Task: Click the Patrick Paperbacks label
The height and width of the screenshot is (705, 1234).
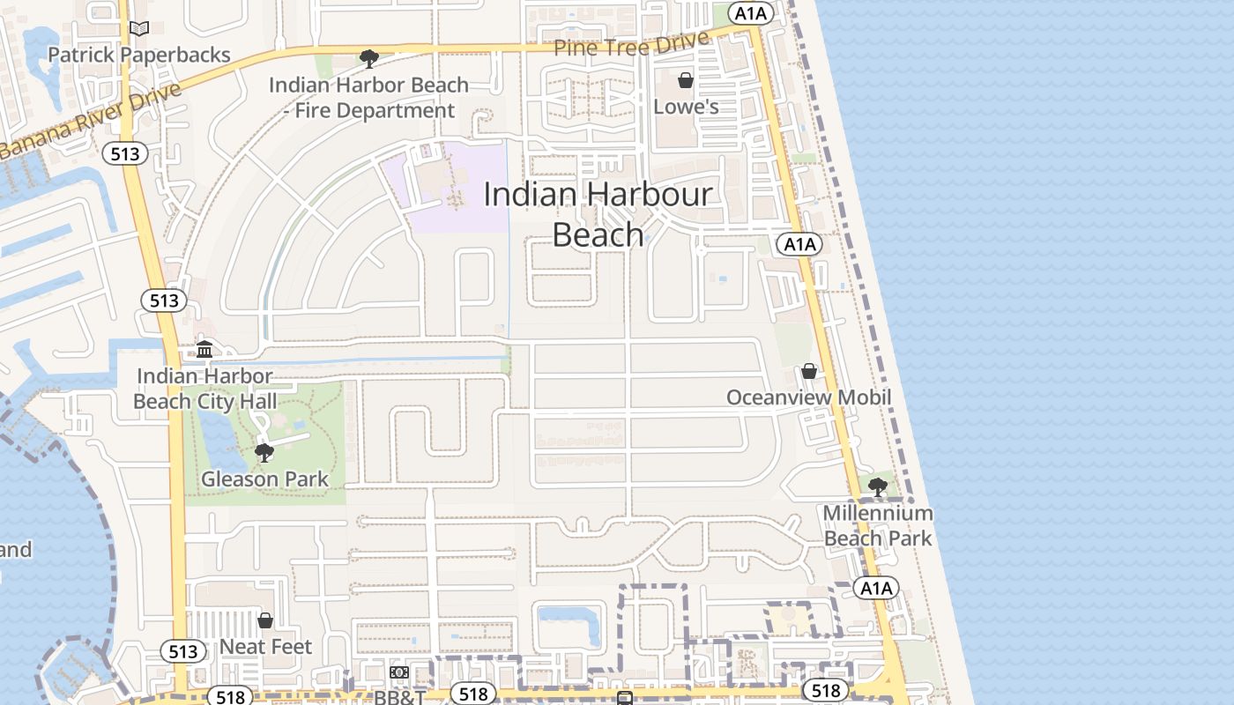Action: coord(138,55)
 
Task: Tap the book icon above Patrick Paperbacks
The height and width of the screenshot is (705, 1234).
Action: coord(139,28)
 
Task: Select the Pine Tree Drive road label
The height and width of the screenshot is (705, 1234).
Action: coord(631,44)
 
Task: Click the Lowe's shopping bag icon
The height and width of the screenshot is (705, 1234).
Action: coord(686,80)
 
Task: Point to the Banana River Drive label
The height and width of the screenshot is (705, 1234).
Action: coord(88,121)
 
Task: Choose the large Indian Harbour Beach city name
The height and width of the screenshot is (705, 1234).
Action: coord(598,214)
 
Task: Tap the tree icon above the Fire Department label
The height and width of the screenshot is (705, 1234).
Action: coord(369,59)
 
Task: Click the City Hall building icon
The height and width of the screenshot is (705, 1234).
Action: coord(204,349)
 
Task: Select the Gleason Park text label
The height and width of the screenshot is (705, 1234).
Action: coord(264,479)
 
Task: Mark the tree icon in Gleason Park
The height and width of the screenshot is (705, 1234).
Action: coord(264,453)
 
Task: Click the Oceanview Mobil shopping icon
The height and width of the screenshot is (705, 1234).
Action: coord(809,371)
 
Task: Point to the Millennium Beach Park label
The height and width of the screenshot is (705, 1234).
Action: coord(878,525)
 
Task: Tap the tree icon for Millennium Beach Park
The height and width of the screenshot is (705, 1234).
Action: coord(878,486)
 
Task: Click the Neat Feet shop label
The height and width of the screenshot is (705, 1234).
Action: coord(265,647)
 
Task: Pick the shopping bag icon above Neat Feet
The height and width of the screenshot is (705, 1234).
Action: coord(265,620)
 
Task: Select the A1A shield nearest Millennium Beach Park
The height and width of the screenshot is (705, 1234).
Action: coord(876,589)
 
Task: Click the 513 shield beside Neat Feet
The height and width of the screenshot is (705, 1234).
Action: coord(183,652)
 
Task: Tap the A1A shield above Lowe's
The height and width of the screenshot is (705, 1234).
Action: coord(754,13)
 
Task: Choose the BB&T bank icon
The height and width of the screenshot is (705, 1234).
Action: coord(399,673)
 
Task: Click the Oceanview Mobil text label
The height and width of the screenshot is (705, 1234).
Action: coord(808,397)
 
